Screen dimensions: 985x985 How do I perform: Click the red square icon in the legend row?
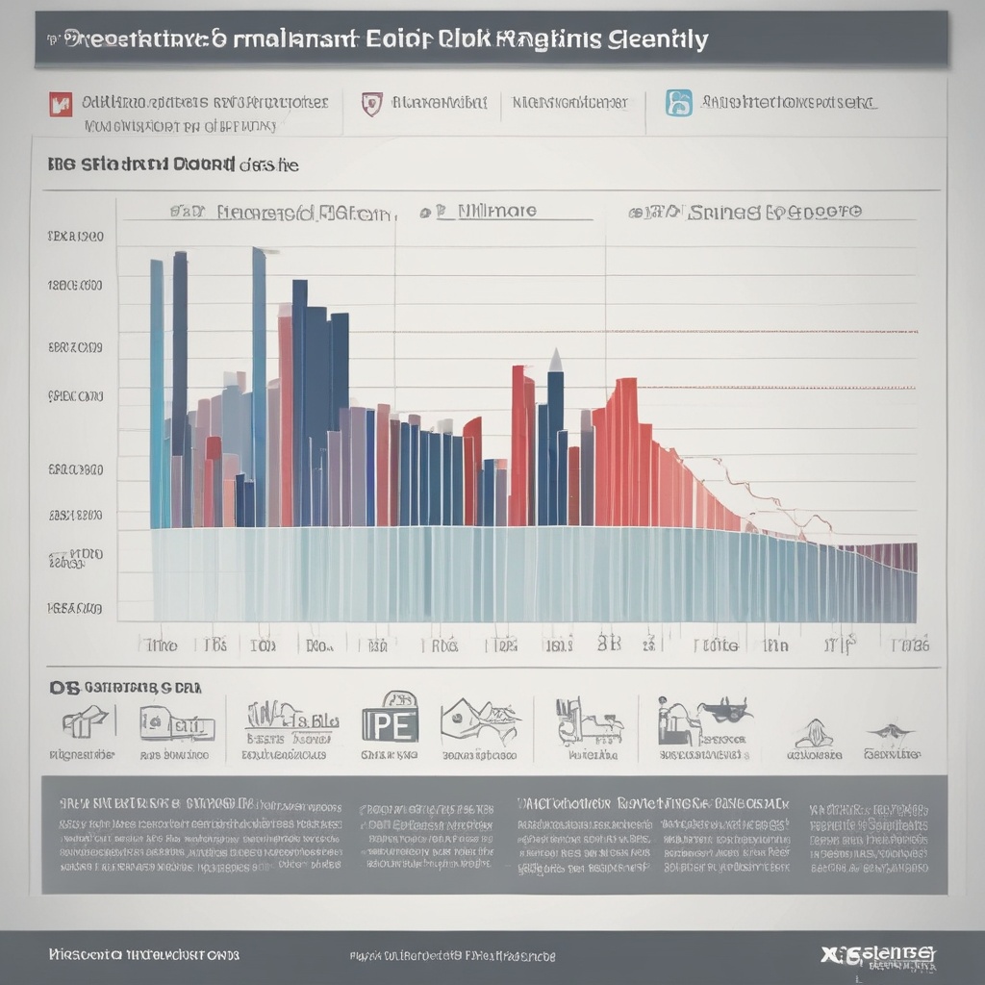coord(60,103)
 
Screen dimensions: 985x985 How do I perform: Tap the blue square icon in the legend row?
coord(679,103)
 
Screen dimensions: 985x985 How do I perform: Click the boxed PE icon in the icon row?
coord(390,718)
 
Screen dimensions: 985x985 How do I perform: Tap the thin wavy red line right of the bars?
coord(770,495)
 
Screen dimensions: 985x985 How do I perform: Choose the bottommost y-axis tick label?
coord(74,608)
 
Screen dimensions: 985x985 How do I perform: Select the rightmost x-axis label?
coord(910,644)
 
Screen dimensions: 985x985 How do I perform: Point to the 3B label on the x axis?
coord(609,643)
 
